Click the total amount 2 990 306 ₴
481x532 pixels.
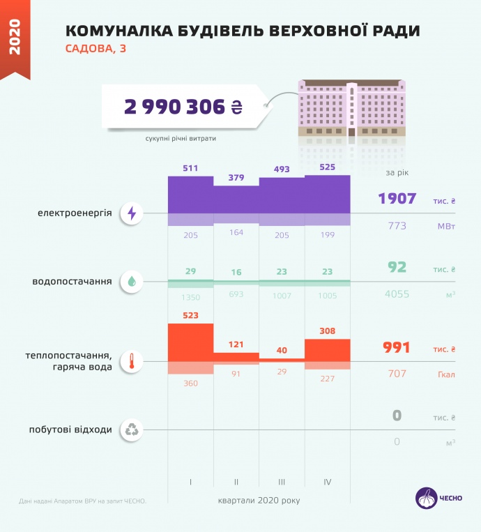point(183,107)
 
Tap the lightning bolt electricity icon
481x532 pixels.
point(132,213)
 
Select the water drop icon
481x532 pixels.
point(132,282)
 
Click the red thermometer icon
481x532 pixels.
point(132,362)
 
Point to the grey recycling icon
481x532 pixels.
point(132,430)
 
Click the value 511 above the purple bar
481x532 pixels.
point(190,168)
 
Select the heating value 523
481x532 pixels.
point(190,315)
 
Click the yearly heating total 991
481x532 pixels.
point(397,348)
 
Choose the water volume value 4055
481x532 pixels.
point(397,294)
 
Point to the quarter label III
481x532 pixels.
point(282,482)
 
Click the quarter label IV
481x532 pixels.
point(328,482)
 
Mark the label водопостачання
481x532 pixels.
point(72,282)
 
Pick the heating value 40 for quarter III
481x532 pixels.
point(282,350)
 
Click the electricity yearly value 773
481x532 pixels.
point(397,226)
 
